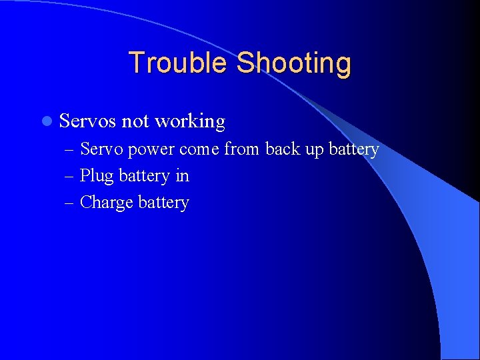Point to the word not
pyautogui.click(x=135, y=121)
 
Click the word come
pyautogui.click(x=199, y=149)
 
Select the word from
pyautogui.click(x=242, y=149)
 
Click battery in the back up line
pyautogui.click(x=354, y=150)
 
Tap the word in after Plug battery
pyautogui.click(x=182, y=176)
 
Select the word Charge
pyautogui.click(x=107, y=203)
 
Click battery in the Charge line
pyautogui.click(x=164, y=203)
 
